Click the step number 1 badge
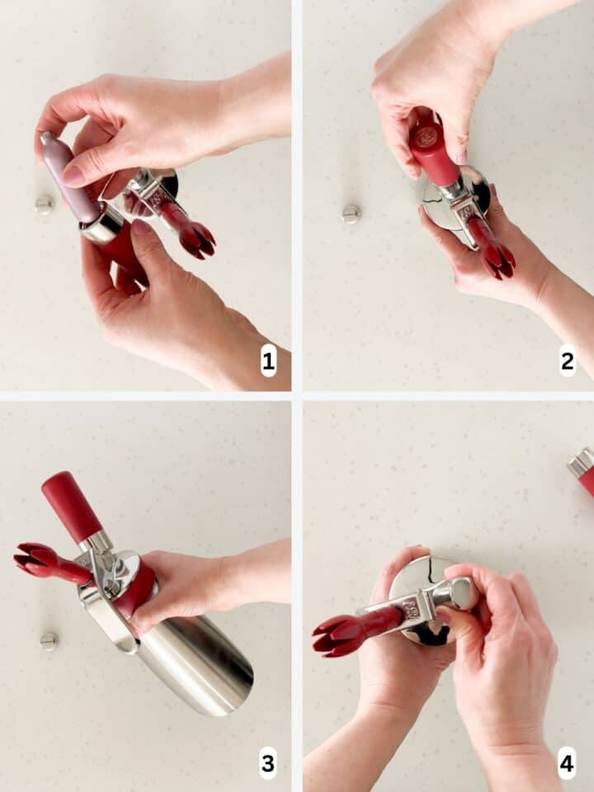point(268,361)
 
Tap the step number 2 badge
point(567,361)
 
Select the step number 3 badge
point(268,763)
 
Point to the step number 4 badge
point(567,763)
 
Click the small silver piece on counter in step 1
point(44,205)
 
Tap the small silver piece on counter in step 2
point(351,214)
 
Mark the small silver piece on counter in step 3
point(49,641)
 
